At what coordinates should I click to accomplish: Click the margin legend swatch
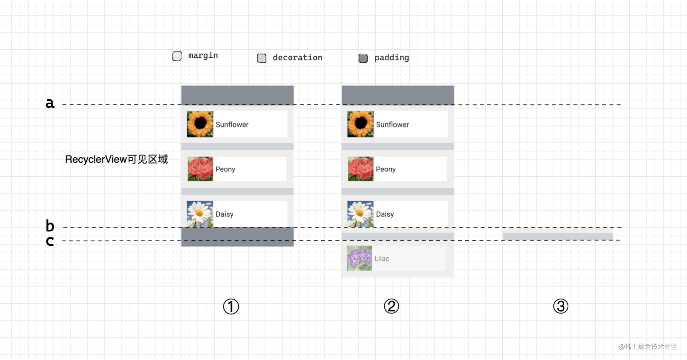tap(177, 56)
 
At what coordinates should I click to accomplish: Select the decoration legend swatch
tap(261, 58)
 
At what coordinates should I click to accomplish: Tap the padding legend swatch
tap(363, 58)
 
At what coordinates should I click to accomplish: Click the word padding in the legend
tap(391, 58)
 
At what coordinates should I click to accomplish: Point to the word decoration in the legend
tap(297, 58)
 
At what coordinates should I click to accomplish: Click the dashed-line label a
tap(50, 103)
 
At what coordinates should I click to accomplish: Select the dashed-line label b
tap(50, 226)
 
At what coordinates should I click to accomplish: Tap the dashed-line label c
tap(50, 241)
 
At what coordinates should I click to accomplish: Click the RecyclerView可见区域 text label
tap(116, 159)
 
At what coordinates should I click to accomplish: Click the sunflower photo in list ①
tap(200, 124)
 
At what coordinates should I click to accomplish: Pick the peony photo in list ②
tap(361, 169)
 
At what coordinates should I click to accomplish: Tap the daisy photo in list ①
tap(200, 214)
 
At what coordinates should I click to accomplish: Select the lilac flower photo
tap(360, 258)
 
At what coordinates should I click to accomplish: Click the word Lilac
tap(382, 258)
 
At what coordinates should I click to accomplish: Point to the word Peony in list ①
tap(225, 169)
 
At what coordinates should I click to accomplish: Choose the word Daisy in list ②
tap(385, 214)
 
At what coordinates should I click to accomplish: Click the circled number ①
tap(231, 307)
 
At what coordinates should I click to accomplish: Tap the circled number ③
tap(561, 306)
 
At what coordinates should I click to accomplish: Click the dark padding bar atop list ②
tap(398, 95)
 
